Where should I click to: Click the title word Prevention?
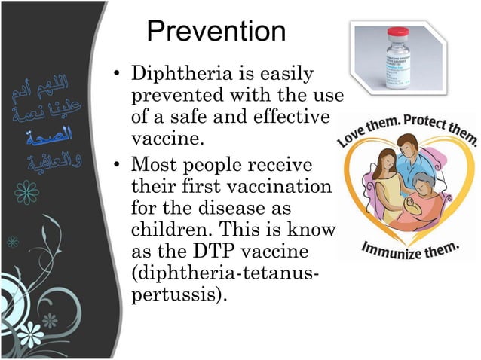click(x=216, y=32)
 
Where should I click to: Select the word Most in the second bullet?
click(x=151, y=163)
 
